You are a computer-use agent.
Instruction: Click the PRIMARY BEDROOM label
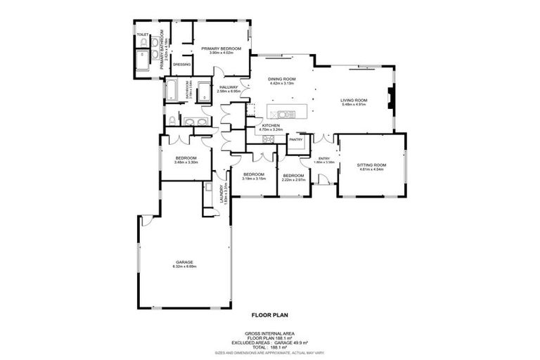(x=221, y=48)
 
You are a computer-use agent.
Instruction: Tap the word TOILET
(x=143, y=34)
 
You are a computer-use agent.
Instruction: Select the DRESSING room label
(x=181, y=64)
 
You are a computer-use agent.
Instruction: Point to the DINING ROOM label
(x=281, y=79)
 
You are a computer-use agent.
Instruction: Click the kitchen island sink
(x=284, y=114)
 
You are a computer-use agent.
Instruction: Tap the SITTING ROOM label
(x=372, y=165)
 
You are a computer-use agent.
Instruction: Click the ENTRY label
(x=324, y=158)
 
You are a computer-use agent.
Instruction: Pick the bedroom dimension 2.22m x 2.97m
(x=292, y=179)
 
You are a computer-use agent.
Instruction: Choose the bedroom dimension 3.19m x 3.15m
(x=253, y=179)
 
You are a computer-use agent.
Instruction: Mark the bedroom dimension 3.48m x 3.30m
(x=186, y=162)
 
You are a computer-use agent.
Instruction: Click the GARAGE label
(x=184, y=262)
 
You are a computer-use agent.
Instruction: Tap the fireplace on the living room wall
(x=391, y=99)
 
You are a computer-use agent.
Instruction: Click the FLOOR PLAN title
(x=269, y=316)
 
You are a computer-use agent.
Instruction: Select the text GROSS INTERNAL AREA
(x=269, y=333)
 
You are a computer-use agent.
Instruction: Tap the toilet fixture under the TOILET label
(x=143, y=44)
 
